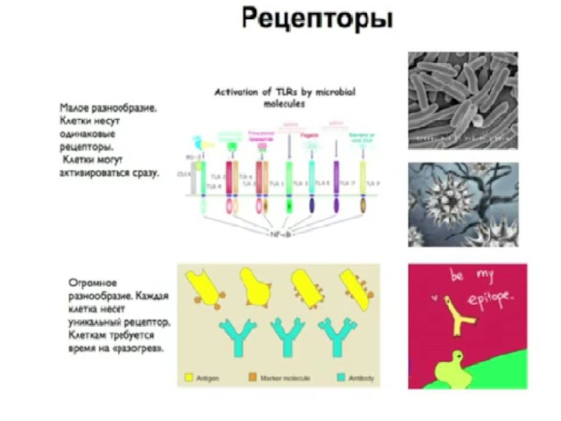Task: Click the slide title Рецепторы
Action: tap(317, 19)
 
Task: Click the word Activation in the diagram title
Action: tap(236, 92)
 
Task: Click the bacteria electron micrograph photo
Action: tap(463, 100)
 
